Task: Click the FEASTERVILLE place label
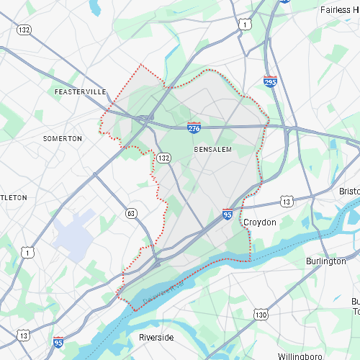80,92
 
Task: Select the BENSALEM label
212,149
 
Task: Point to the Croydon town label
259,222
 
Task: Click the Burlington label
325,261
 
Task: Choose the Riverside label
156,337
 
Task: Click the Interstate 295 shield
270,81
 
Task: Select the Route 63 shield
130,213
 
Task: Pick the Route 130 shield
261,315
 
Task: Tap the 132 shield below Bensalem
164,157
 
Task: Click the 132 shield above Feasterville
25,30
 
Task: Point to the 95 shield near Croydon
228,215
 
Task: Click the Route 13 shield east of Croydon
287,202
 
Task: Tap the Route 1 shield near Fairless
246,24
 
